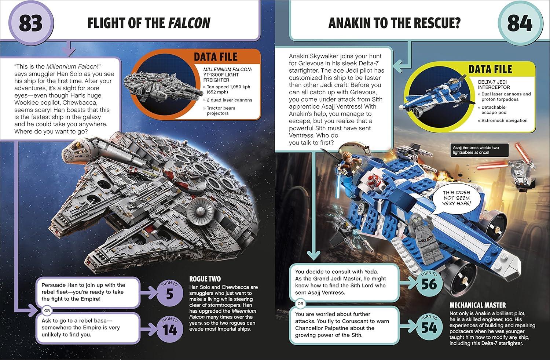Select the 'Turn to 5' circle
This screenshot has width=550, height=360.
(x=170, y=293)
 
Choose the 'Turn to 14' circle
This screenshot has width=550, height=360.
(x=170, y=329)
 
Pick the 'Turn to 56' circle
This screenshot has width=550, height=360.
(x=429, y=283)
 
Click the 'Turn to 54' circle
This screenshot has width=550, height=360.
(x=429, y=326)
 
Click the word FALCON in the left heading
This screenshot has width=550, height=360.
(x=189, y=23)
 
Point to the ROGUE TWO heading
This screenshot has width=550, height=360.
(x=205, y=279)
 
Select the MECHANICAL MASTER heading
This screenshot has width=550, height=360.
(x=477, y=305)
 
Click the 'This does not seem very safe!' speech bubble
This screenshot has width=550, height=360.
(x=456, y=198)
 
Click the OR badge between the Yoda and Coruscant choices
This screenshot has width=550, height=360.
(x=300, y=304)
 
